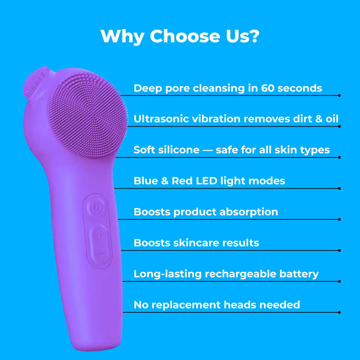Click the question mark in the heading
tap(254, 36)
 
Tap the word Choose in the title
tap(185, 36)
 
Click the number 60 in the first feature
tap(268, 88)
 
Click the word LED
tap(207, 181)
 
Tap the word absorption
tap(249, 212)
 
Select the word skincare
tap(196, 243)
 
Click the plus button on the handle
tap(100, 235)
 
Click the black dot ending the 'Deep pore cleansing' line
tap(339, 96)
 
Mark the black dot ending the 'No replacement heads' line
tap(339, 312)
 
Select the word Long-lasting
tap(168, 274)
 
